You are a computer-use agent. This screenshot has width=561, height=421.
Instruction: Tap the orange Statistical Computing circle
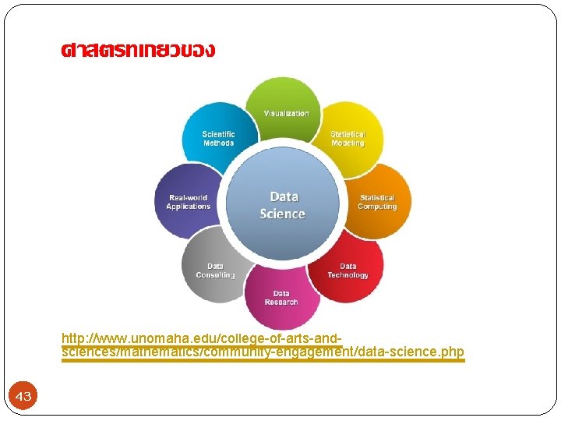tap(378, 200)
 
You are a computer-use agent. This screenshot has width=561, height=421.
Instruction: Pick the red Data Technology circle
tap(348, 269)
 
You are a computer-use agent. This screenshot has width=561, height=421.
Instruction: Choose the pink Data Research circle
tap(281, 298)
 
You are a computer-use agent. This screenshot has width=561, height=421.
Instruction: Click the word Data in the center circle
tap(284, 196)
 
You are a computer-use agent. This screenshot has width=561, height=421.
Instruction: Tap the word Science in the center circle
tap(282, 214)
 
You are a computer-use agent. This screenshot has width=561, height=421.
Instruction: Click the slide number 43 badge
tap(23, 397)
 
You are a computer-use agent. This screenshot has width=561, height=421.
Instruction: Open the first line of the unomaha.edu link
tap(201, 339)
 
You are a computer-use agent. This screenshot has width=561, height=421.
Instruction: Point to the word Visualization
tap(286, 114)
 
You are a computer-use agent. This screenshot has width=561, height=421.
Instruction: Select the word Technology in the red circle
tap(348, 275)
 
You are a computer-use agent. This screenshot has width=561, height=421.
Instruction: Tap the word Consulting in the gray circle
tap(215, 275)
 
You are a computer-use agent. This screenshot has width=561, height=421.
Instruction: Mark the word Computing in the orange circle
tap(377, 207)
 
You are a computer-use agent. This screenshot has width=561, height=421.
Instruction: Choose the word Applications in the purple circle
tap(188, 207)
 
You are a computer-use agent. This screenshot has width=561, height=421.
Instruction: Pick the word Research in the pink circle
tap(281, 302)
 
